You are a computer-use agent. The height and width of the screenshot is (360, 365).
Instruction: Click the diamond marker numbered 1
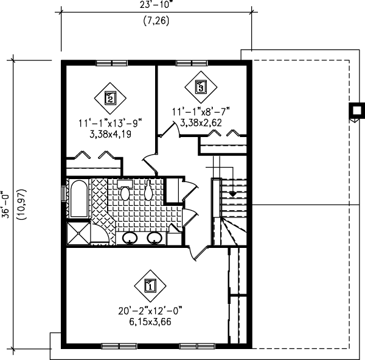(150, 283)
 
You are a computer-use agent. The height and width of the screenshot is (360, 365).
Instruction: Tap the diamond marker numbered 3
(201, 86)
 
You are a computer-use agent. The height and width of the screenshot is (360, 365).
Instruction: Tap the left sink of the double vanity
(130, 238)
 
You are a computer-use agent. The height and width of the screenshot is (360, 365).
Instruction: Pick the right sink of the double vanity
(155, 238)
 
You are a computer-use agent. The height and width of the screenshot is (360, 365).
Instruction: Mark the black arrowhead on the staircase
(232, 192)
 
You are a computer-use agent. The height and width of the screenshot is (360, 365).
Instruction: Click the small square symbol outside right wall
(353, 111)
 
